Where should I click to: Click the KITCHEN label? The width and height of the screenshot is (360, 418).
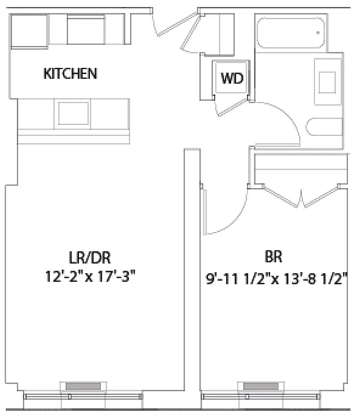70,74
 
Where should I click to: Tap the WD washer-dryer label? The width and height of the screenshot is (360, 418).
232,79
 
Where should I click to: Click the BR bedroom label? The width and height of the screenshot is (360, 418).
274,257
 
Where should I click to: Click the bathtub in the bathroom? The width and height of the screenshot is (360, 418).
290,32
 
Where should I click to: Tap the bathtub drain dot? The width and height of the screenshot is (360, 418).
318,32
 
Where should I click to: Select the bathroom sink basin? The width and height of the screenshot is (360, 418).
328,82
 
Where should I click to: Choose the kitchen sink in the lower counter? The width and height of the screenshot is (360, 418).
73,113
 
